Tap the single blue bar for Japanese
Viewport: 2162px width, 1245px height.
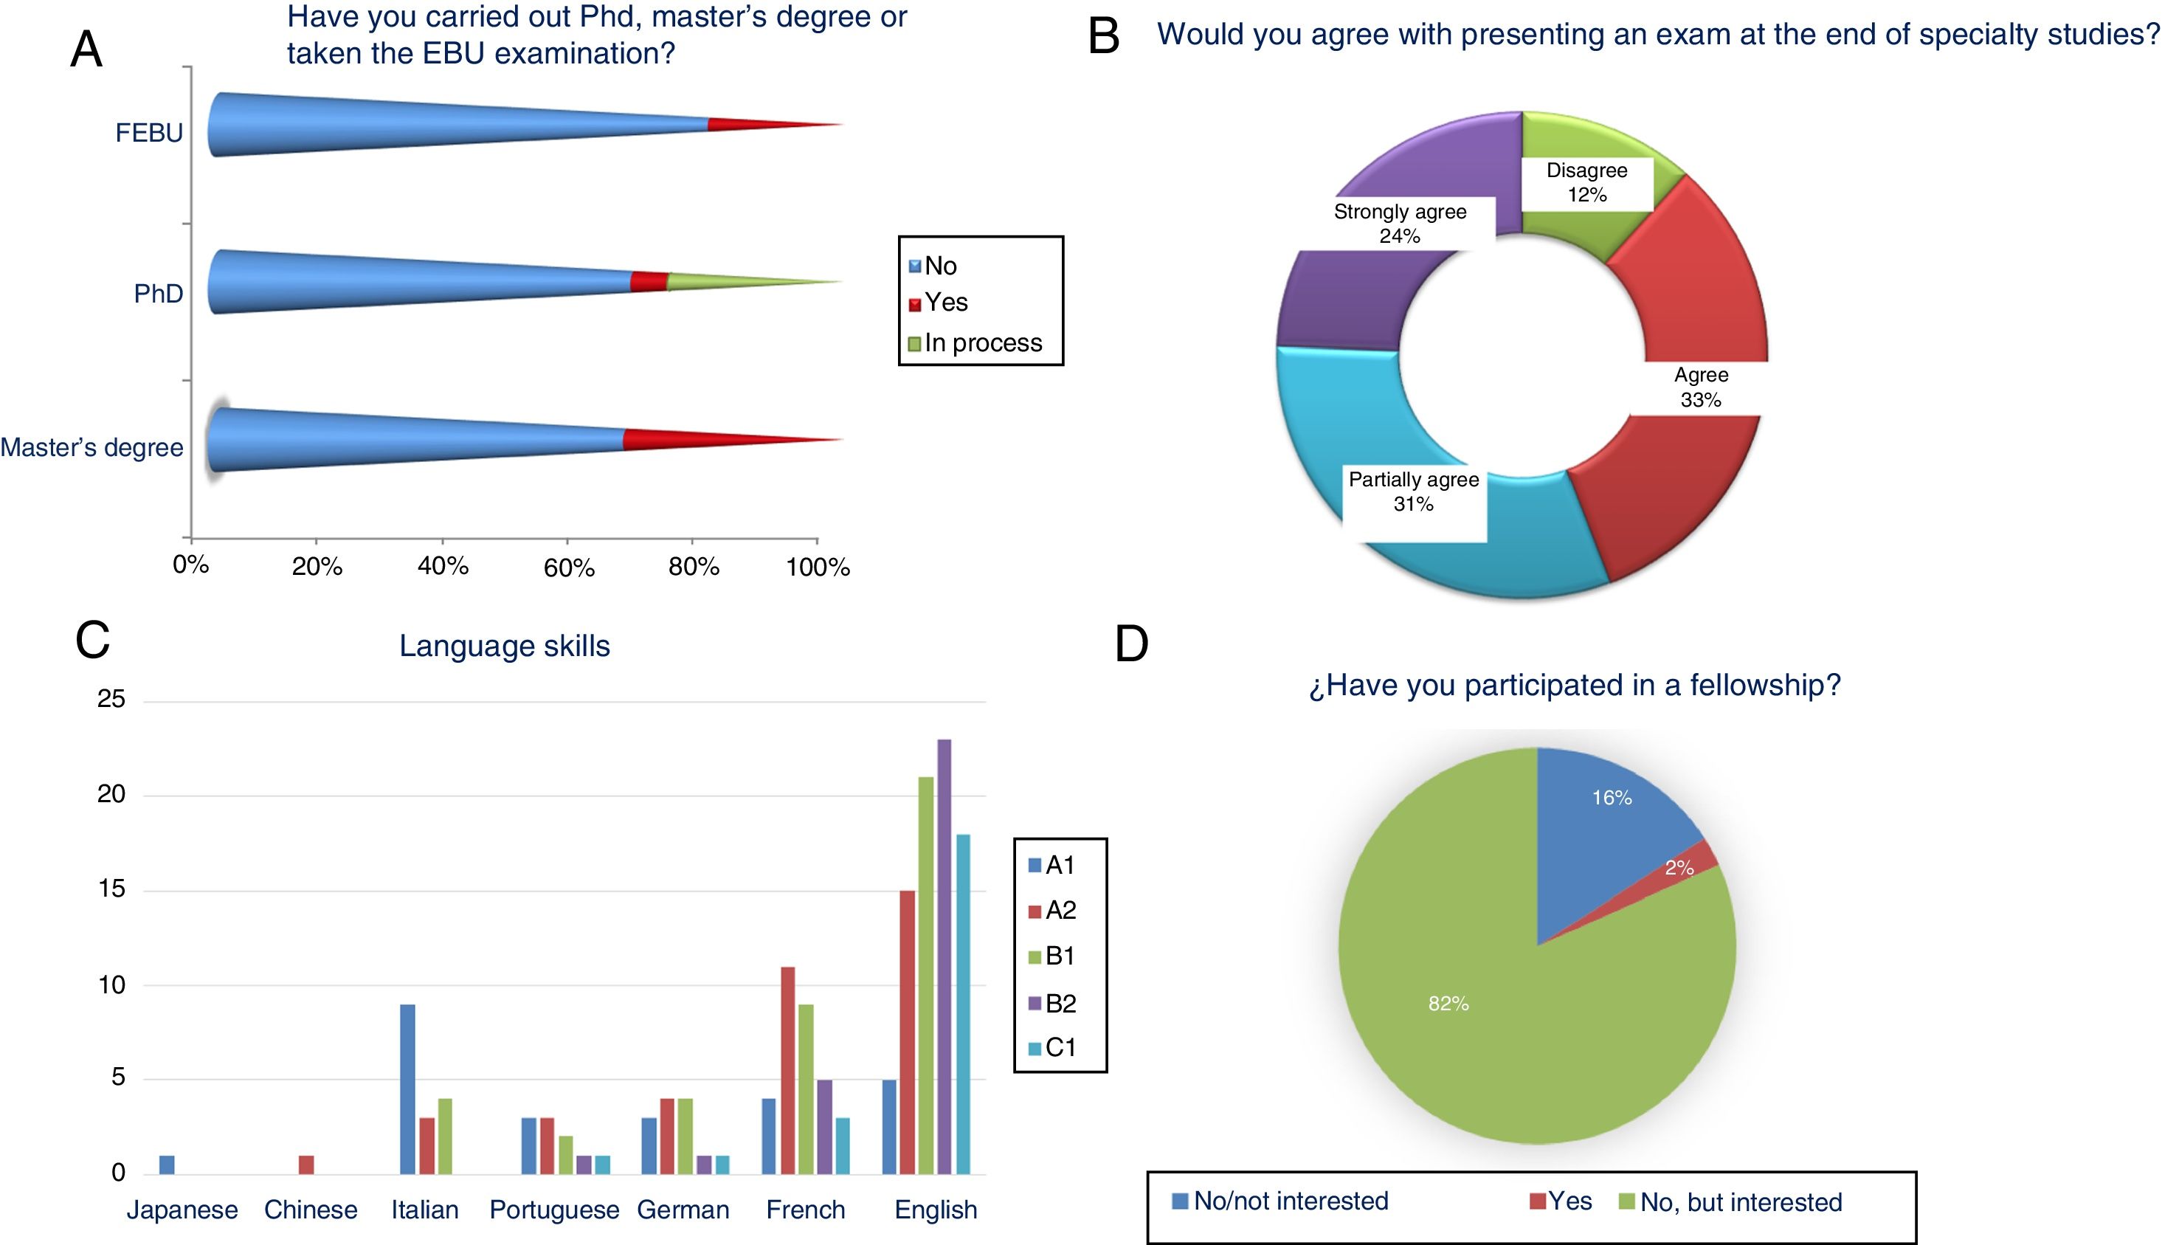tap(167, 1165)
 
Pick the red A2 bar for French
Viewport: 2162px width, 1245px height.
tap(787, 1069)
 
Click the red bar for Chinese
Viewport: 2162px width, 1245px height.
tap(306, 1165)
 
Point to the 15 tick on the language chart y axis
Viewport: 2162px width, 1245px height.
tap(111, 889)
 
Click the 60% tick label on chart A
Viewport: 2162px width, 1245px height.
tap(568, 567)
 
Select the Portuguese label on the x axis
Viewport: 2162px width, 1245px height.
tap(554, 1210)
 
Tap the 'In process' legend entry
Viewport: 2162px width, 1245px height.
tap(975, 343)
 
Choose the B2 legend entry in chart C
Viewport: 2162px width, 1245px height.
tap(1052, 1003)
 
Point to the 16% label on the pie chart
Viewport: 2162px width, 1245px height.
tap(1612, 798)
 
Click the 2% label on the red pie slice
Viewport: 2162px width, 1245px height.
tap(1679, 868)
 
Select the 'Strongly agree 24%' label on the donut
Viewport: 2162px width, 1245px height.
tap(1400, 223)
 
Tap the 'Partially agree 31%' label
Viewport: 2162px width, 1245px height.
tap(1413, 492)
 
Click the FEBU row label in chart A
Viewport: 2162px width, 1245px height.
tap(149, 134)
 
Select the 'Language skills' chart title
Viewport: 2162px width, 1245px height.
tap(505, 646)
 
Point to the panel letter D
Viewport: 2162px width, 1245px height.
tap(1131, 644)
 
